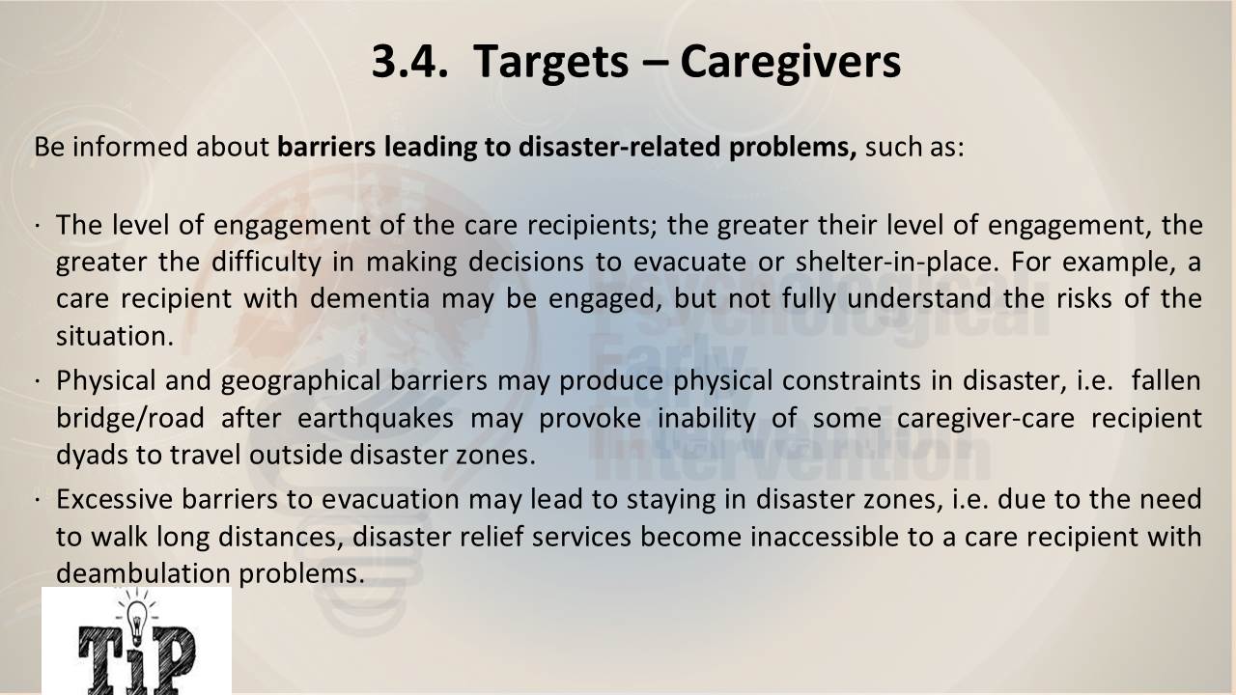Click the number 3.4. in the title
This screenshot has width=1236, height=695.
tap(409, 61)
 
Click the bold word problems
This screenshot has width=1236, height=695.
tap(793, 148)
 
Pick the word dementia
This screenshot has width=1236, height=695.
tap(370, 298)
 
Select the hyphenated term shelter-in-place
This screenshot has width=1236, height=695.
tap(897, 262)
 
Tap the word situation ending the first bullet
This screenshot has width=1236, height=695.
tap(115, 335)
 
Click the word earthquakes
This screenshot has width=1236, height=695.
tap(376, 418)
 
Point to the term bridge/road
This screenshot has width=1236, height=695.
tap(130, 418)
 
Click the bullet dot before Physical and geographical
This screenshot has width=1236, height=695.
tap(37, 381)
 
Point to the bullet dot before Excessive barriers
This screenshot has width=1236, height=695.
tap(37, 500)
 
